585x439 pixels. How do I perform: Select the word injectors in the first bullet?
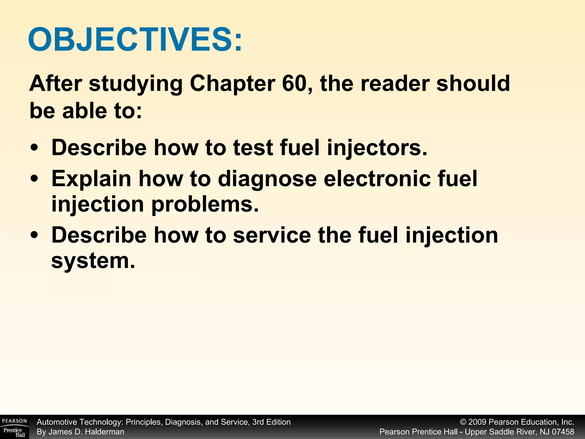click(x=377, y=148)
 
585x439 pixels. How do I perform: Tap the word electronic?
click(x=376, y=179)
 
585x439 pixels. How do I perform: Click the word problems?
click(x=205, y=205)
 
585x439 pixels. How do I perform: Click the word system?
click(x=93, y=261)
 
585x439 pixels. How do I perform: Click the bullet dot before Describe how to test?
click(x=34, y=148)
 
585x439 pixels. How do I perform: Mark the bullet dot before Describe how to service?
click(x=34, y=236)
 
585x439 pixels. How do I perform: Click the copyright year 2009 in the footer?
click(x=478, y=422)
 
